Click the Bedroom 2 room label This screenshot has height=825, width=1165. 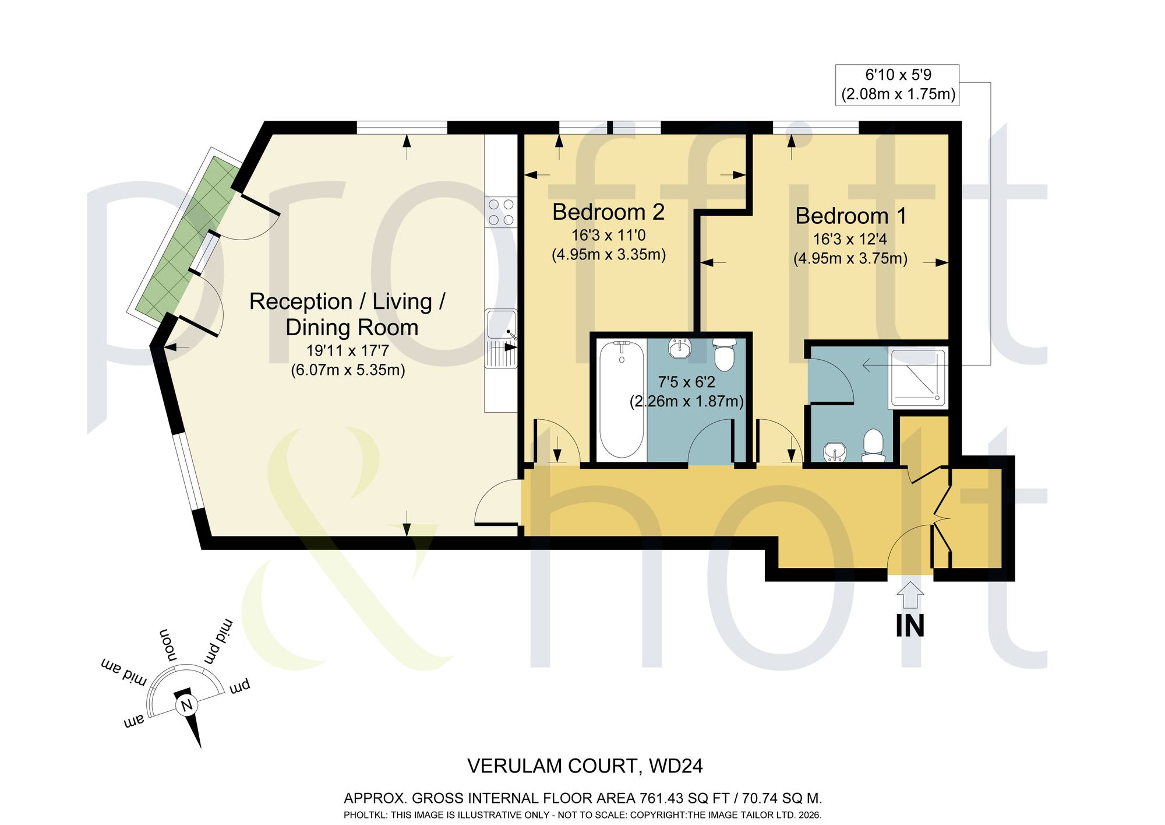608,212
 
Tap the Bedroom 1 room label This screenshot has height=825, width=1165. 851,216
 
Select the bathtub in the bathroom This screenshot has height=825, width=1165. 622,399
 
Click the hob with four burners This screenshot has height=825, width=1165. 501,212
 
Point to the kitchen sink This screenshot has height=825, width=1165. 501,339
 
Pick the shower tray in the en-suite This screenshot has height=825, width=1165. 917,377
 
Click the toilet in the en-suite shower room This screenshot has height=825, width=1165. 873,445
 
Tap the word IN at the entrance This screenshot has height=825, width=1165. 910,626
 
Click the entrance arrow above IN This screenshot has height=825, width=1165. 910,596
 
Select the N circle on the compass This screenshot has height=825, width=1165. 186,706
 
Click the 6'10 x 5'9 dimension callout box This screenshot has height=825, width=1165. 898,85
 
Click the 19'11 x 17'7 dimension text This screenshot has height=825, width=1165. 348,351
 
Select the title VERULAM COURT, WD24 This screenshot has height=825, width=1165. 585,766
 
